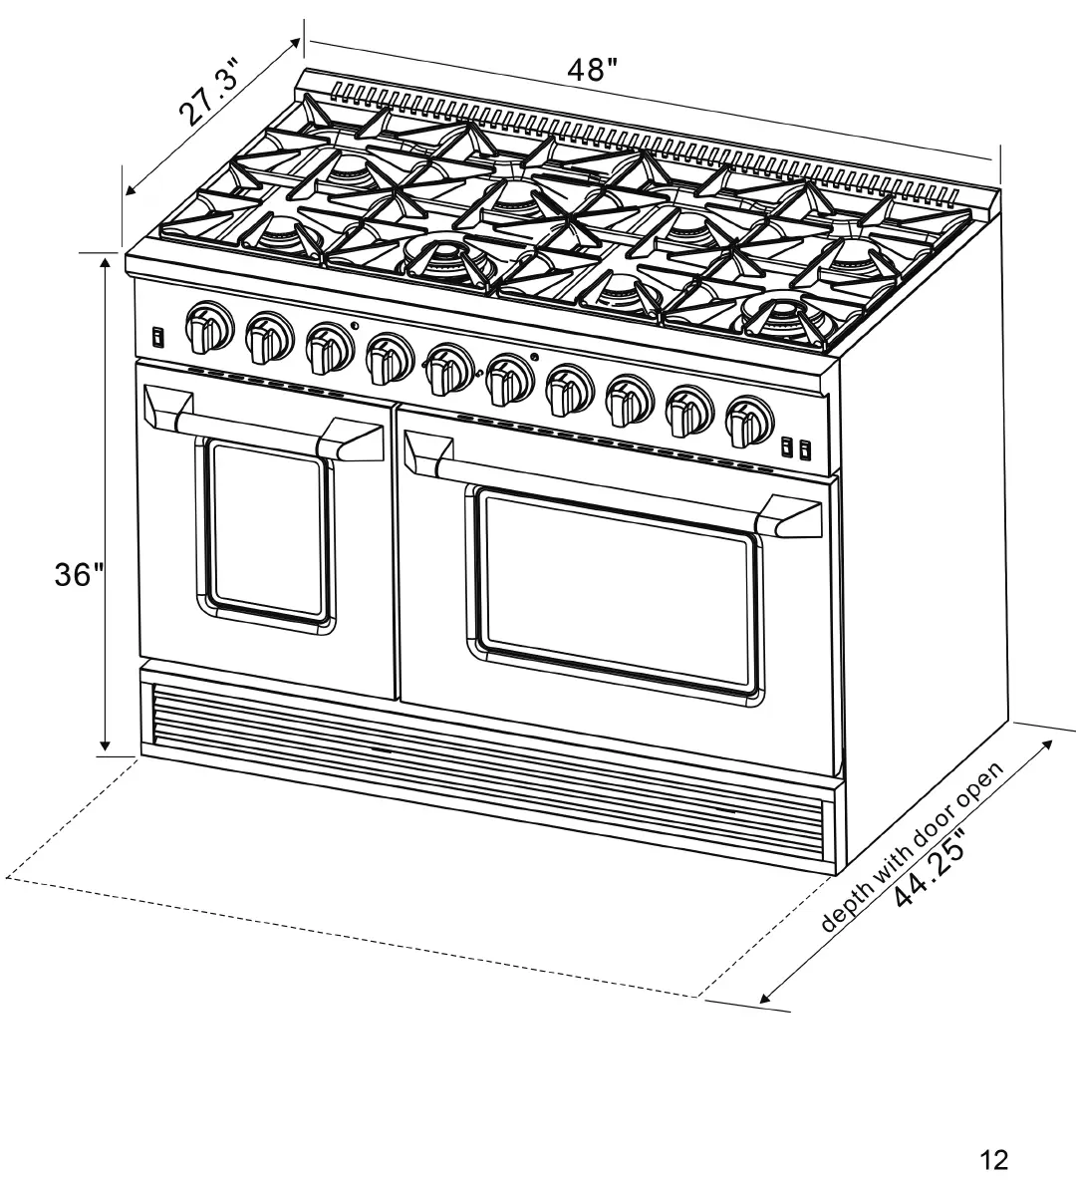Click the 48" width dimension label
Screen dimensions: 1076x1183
[x=593, y=71]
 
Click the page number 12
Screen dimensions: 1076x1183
[x=993, y=1159]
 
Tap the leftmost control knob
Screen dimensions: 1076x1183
[x=207, y=327]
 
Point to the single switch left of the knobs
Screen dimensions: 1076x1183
[x=157, y=336]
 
